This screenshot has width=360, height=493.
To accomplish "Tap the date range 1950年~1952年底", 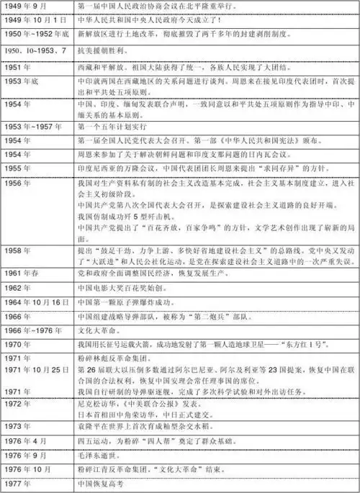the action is coord(36,34).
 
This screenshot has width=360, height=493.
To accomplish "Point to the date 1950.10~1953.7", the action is coord(32,50).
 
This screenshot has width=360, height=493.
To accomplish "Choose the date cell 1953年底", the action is coord(21,82).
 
